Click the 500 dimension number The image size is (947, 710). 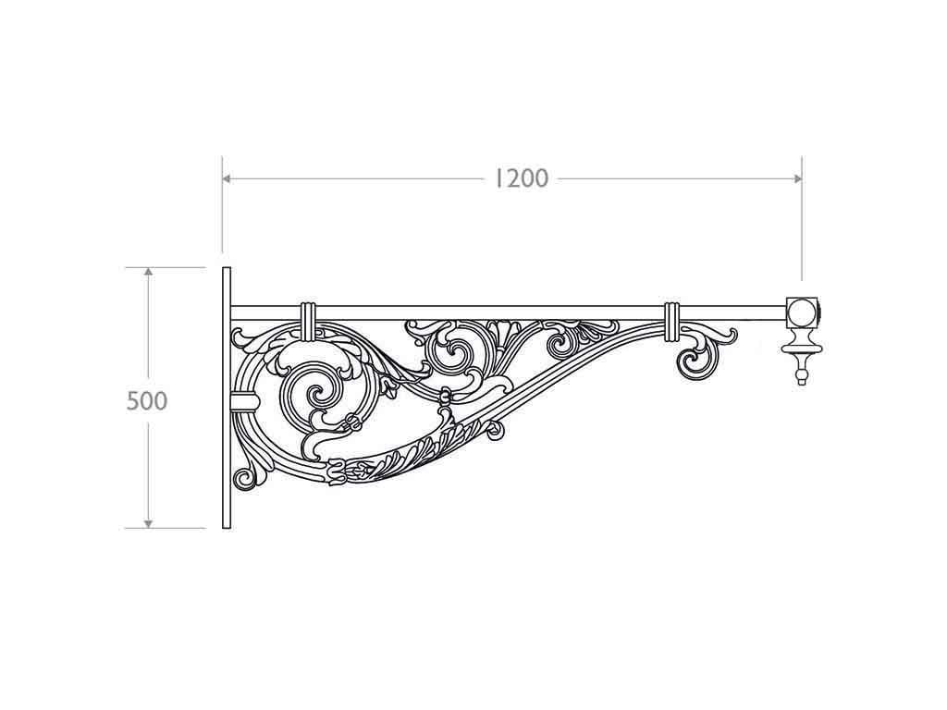click(147, 400)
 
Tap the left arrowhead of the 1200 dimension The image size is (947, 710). click(227, 177)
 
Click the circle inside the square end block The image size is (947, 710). click(802, 311)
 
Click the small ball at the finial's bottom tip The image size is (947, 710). click(802, 378)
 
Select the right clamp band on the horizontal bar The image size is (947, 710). click(672, 317)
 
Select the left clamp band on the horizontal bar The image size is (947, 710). click(309, 317)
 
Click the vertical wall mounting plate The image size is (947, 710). click(227, 398)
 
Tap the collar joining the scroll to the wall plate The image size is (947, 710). click(243, 399)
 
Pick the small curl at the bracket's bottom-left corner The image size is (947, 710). click(245, 478)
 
